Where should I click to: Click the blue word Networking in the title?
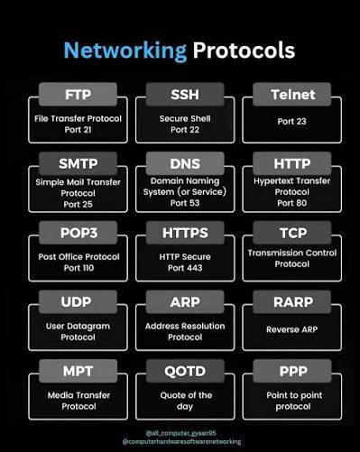pos(125,51)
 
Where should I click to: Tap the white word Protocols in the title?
pos(244,51)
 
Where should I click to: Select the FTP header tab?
pos(78,95)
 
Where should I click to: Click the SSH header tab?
pos(185,95)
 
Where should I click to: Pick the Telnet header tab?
pos(292,95)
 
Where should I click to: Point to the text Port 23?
pos(291,122)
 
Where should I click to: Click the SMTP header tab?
pos(78,163)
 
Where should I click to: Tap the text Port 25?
pos(78,205)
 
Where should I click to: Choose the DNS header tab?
pos(185,163)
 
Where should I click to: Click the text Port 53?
pos(185,203)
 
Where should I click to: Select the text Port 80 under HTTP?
pos(292,203)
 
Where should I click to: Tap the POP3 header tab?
pos(78,233)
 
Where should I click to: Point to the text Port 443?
pos(185,268)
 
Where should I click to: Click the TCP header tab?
pos(292,233)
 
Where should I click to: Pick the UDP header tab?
pos(78,302)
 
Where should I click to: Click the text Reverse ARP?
pos(291,329)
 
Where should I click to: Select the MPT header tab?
pos(78,371)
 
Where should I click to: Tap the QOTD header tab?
pos(185,371)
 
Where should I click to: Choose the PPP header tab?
pos(292,371)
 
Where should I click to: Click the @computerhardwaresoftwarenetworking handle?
pos(181,442)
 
